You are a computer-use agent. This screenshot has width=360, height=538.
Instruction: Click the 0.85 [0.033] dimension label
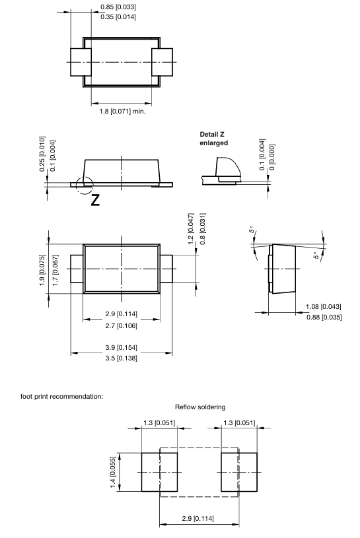pyautogui.click(x=118, y=7)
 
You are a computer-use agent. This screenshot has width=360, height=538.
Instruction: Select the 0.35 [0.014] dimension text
pyautogui.click(x=118, y=17)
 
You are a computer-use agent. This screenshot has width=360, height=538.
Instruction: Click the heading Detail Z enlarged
pyautogui.click(x=214, y=138)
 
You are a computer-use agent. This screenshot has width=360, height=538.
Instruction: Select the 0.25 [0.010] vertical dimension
pyautogui.click(x=42, y=156)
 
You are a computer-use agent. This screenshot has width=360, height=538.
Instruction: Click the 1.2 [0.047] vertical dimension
pyautogui.click(x=191, y=229)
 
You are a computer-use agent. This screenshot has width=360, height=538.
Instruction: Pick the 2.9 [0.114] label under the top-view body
pyautogui.click(x=121, y=314)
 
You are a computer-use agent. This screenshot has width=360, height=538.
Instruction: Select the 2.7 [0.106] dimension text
pyautogui.click(x=121, y=325)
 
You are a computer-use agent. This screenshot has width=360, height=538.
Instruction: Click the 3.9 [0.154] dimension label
pyautogui.click(x=121, y=347)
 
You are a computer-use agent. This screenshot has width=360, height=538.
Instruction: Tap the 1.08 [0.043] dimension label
pyautogui.click(x=324, y=306)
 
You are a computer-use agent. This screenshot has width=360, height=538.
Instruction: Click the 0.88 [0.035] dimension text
pyautogui.click(x=324, y=318)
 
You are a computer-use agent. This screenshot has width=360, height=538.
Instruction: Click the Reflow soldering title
pyautogui.click(x=200, y=407)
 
